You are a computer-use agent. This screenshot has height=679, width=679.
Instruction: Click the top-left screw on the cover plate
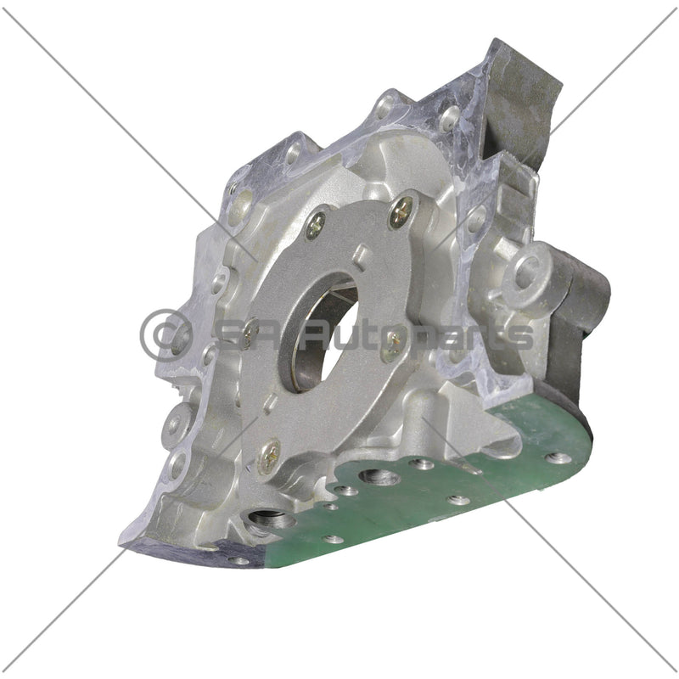point(316,223)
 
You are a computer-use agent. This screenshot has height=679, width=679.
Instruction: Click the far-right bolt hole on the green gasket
point(558,457)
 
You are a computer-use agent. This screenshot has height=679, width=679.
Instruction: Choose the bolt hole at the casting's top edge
point(387,106)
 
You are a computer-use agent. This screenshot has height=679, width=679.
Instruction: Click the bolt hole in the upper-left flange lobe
point(294,154)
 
